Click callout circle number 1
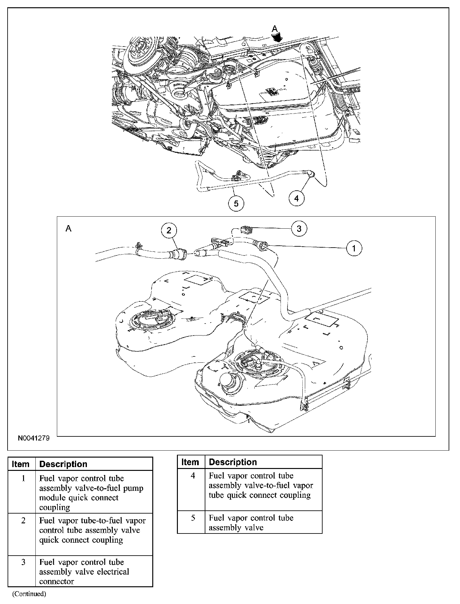[x=354, y=249]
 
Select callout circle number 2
[x=169, y=231]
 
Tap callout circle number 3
[x=299, y=228]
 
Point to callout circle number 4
[x=296, y=198]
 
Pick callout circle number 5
[x=236, y=204]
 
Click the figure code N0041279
[x=33, y=439]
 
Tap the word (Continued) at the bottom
[x=29, y=594]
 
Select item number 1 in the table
[x=23, y=478]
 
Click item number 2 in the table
[x=23, y=521]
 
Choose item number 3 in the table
[x=23, y=562]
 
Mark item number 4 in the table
[x=193, y=476]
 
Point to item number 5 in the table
[x=193, y=518]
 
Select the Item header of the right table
[x=190, y=462]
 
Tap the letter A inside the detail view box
[x=68, y=228]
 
